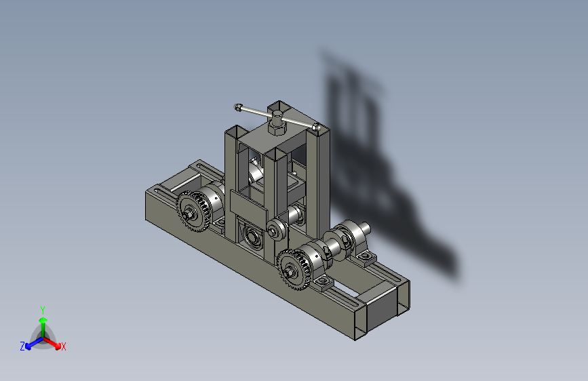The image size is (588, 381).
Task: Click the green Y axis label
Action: tap(43, 310)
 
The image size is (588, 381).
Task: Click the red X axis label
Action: tap(63, 346)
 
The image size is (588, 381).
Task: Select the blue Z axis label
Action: tap(22, 346)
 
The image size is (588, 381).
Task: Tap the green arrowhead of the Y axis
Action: tap(43, 320)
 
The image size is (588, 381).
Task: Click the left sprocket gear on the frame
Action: tap(193, 211)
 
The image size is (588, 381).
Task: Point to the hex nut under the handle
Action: tap(277, 129)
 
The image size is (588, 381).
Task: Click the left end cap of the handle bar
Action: tap(237, 107)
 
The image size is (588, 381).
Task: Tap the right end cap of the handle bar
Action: tap(316, 127)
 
